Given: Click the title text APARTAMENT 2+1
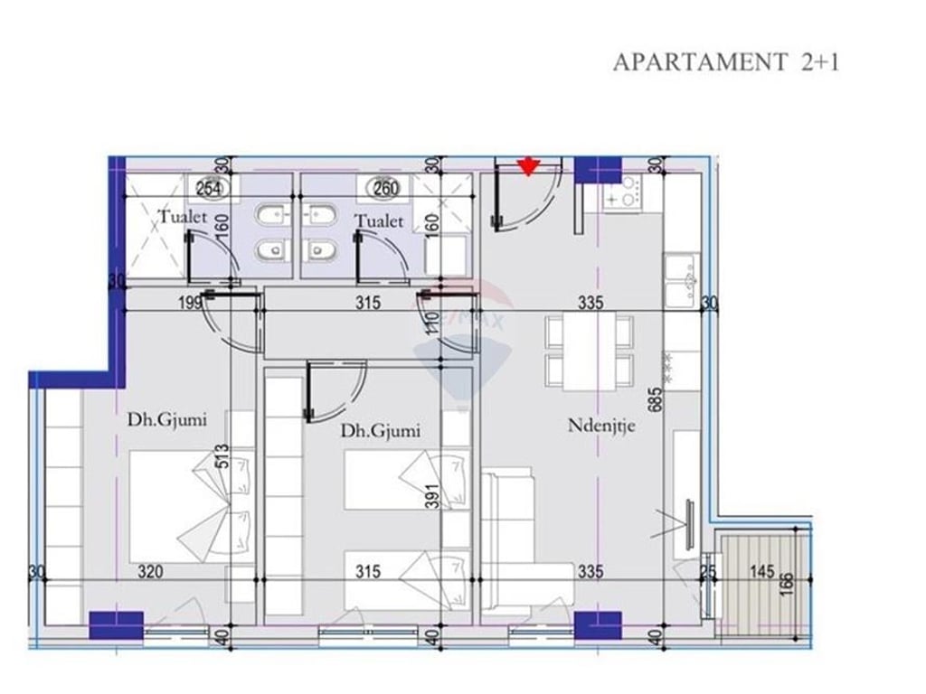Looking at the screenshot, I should click(x=726, y=62).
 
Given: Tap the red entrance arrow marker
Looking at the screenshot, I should click(x=528, y=165).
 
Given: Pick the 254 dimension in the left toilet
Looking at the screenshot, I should click(x=210, y=189).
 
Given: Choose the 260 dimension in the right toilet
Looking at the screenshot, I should click(x=385, y=189).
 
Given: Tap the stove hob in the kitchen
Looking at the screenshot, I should click(x=623, y=190).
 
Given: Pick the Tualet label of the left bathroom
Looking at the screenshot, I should click(x=184, y=218).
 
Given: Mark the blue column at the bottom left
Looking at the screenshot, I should click(x=116, y=624).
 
